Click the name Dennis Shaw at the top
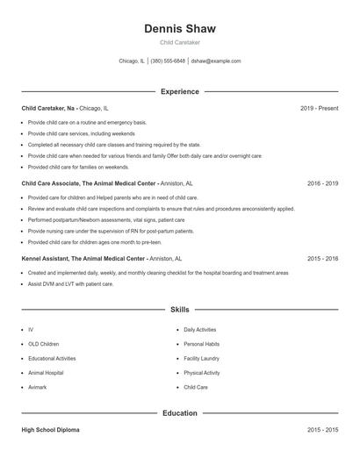179,28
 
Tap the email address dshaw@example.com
215,61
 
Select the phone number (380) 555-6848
168,61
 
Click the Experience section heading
179,91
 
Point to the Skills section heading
179,310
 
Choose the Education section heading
179,412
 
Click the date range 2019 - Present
319,108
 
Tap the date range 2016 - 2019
322,183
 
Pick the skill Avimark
39,387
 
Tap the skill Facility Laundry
202,358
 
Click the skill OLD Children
44,344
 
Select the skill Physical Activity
202,373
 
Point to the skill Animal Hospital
46,373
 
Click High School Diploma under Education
50,431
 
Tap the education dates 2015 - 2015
322,431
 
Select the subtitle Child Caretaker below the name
179,42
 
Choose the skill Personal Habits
201,344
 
